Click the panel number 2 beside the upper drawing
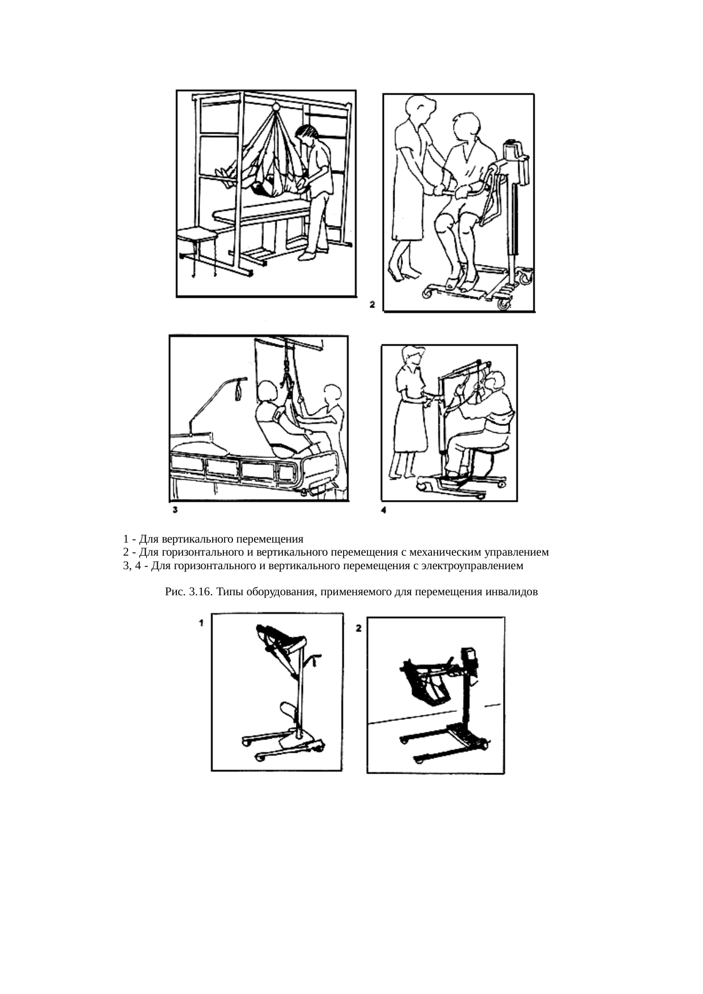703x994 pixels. coord(372,305)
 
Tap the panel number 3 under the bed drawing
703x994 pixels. coord(176,510)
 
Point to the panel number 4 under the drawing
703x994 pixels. coord(384,510)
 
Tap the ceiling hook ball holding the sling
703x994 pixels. coord(276,105)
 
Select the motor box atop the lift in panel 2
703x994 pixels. coord(513,150)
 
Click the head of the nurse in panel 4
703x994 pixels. coord(413,356)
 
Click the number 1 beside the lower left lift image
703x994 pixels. coord(201,624)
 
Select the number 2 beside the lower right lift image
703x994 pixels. coord(359,628)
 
